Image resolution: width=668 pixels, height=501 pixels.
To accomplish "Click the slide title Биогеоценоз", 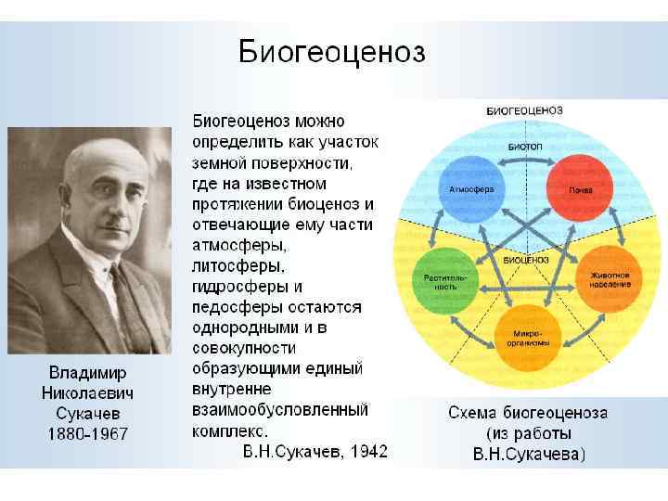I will [x=332, y=51].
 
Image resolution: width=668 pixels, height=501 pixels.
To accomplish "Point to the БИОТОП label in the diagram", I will [x=525, y=148].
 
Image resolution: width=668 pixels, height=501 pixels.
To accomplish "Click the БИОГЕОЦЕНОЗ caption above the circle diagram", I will [x=526, y=111].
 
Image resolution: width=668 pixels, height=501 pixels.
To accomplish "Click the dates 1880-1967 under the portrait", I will [x=87, y=434].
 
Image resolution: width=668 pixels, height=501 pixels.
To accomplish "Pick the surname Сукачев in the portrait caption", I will [x=87, y=414].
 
